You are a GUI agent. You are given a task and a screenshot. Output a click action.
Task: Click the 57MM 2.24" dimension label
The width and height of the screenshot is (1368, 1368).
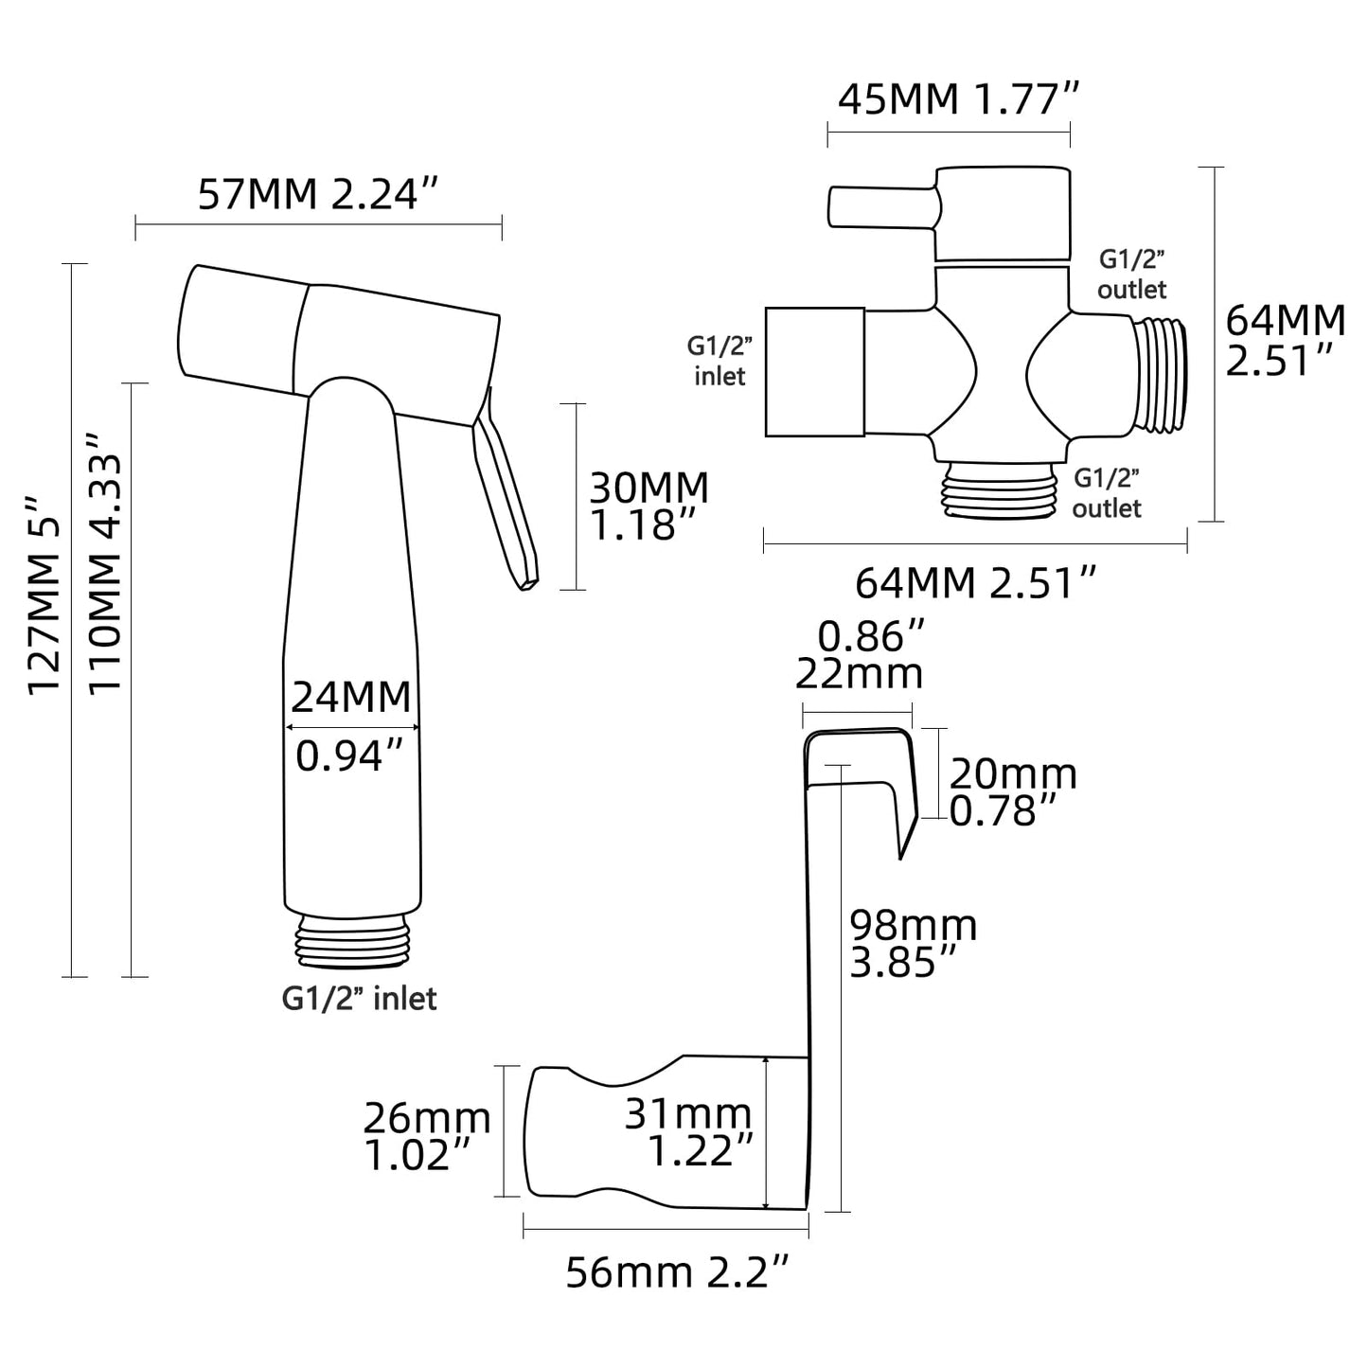[320, 195]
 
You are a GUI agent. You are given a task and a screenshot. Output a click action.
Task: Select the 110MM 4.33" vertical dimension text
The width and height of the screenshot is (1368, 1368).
[106, 563]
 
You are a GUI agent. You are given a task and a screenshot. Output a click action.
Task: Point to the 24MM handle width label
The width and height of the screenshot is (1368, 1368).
[350, 698]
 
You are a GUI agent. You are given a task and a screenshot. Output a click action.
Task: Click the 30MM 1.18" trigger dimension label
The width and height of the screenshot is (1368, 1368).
[648, 506]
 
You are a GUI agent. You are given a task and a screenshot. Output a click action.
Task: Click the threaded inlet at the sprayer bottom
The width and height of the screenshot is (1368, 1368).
[352, 942]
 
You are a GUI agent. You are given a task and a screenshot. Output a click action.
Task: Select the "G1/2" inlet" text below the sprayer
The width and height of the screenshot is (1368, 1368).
[360, 998]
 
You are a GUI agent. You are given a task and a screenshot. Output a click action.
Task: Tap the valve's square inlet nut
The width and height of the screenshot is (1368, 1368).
[814, 371]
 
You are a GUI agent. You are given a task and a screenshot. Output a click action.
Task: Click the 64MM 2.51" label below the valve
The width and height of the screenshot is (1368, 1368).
[976, 582]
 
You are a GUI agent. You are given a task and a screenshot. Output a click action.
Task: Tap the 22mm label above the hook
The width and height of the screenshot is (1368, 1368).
[859, 673]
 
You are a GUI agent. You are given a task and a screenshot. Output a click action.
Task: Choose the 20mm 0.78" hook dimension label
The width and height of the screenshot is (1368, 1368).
[1012, 792]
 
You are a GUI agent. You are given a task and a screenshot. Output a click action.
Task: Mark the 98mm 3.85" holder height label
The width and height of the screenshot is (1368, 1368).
[913, 943]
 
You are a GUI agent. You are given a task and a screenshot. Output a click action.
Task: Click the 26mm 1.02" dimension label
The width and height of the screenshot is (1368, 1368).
[427, 1137]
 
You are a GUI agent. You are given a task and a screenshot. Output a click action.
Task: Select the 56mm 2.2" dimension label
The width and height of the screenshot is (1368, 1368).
[677, 1272]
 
